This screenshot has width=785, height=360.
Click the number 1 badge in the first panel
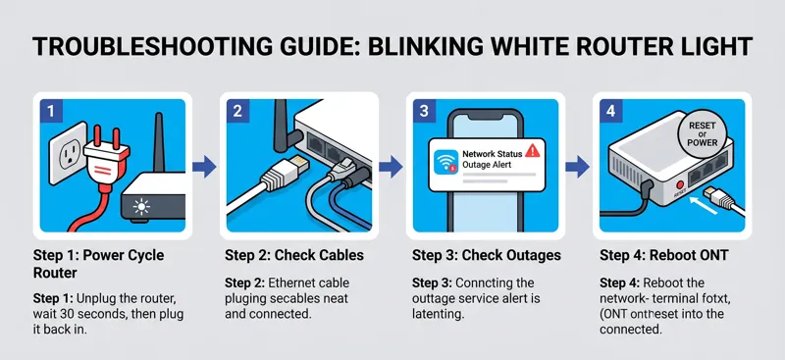pos(52,110)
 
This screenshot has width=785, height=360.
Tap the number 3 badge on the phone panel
pos(425,110)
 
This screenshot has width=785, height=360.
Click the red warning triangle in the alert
pos(532,150)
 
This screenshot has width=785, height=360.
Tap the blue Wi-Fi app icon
pos(445,162)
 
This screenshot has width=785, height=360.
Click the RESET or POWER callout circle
pos(702,133)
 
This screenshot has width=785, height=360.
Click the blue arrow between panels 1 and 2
pos(204,166)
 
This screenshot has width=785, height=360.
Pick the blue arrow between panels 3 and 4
pos(577,166)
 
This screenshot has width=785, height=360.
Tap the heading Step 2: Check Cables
pos(293,255)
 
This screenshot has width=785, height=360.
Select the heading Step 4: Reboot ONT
pos(664,255)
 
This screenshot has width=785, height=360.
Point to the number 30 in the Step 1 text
pos(74,315)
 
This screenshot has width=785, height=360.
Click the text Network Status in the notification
pos(493,154)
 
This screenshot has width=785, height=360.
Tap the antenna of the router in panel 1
pos(159,142)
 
